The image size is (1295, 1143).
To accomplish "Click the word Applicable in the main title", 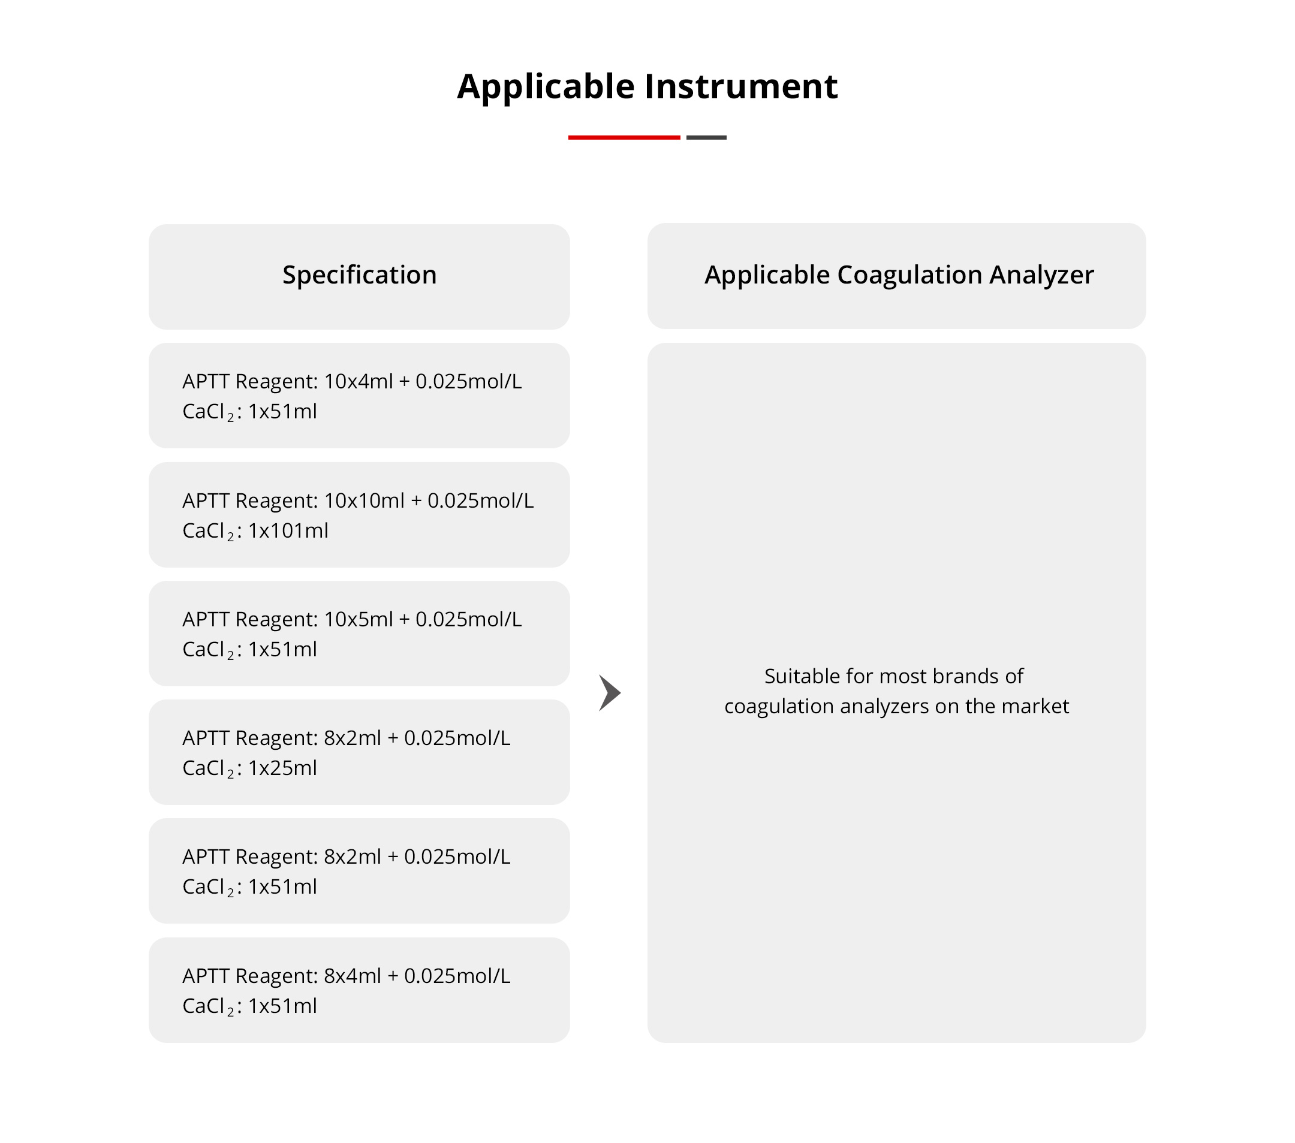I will coord(546,87).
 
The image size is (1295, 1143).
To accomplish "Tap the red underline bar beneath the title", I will coord(624,137).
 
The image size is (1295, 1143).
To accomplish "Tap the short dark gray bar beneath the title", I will coord(706,137).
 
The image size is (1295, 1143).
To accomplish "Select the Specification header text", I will coord(359,276).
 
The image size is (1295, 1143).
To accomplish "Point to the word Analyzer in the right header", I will coord(1041,276).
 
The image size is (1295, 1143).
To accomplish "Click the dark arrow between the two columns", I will coord(610,693).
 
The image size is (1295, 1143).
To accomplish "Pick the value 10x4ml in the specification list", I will coord(358,382).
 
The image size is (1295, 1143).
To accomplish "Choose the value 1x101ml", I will coord(288,530).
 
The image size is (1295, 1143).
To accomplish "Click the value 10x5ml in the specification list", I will coord(358,619).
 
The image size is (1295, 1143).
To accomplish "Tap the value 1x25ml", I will coord(282,768).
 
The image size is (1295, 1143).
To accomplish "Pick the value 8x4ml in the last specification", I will coord(353,976).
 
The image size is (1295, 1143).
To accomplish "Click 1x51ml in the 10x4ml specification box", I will coord(282,412).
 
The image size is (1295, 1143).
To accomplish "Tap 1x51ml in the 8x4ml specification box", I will coord(282,1006).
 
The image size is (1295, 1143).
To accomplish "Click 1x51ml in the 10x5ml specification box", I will coord(282,649).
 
